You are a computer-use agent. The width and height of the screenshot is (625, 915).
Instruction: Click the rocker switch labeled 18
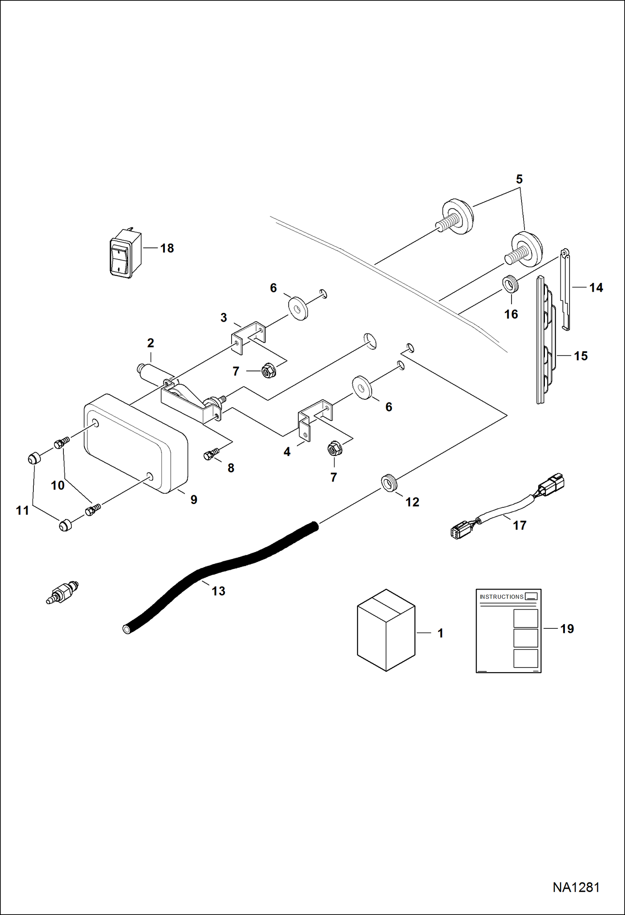click(124, 253)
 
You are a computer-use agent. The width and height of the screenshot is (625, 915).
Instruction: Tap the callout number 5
click(519, 179)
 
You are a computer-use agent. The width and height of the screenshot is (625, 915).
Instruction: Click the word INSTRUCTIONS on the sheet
click(501, 597)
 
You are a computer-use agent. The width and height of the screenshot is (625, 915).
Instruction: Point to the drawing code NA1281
click(576, 887)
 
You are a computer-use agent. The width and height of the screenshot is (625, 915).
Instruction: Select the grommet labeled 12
click(389, 483)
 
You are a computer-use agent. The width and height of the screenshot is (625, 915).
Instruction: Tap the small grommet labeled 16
click(510, 284)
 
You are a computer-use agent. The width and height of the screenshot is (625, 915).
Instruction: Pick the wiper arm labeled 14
click(565, 288)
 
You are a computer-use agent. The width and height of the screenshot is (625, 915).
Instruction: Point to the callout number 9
click(194, 499)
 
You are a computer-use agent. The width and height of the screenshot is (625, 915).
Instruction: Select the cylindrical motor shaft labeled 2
click(154, 373)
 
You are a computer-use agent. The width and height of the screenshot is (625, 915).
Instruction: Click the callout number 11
click(23, 510)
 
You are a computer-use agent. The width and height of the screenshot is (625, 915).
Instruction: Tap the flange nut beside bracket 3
click(268, 371)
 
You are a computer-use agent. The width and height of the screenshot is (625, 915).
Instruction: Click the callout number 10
click(58, 485)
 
